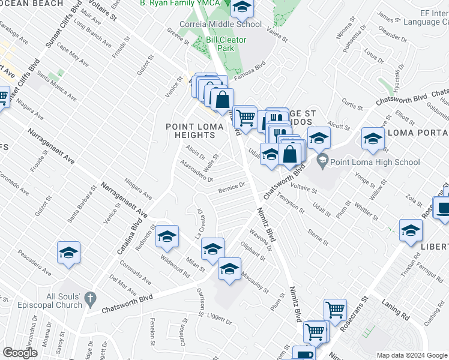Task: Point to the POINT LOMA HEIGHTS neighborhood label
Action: (x=191, y=131)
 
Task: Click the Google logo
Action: (x=21, y=353)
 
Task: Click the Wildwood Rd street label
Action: (x=175, y=266)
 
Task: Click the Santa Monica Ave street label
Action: (x=56, y=86)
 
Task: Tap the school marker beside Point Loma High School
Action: (x=319, y=139)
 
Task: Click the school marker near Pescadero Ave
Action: (x=68, y=253)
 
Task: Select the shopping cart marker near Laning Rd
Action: (x=335, y=310)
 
